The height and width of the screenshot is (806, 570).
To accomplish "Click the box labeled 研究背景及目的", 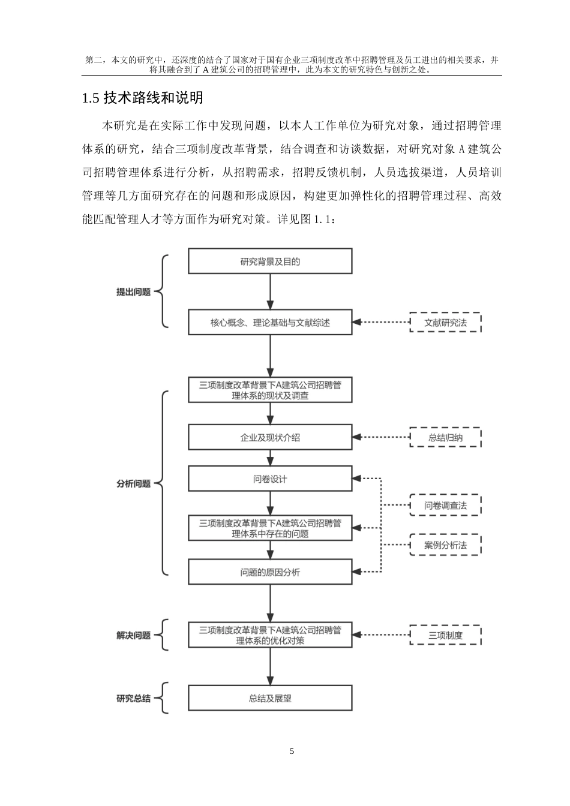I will [x=270, y=261].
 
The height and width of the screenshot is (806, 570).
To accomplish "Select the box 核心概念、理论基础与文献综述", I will [x=270, y=323].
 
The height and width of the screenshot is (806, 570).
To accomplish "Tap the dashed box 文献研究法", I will [x=445, y=323].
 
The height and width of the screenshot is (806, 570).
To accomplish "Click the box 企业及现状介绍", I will [x=270, y=438].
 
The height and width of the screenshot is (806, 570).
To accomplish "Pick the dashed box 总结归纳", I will [x=445, y=438].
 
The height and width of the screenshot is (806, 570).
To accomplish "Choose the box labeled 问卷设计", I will [x=270, y=479].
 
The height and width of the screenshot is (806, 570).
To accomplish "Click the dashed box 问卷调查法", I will [x=445, y=506].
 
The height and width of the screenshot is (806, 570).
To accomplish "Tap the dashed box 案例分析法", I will [x=445, y=545].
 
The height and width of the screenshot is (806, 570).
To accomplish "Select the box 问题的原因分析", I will [x=270, y=572].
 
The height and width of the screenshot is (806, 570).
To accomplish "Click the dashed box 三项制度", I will [x=445, y=635].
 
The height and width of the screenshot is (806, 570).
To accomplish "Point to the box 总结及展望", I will [x=270, y=699].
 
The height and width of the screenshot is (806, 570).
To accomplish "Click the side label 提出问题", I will [x=133, y=292].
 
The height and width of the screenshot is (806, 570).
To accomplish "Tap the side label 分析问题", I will [x=133, y=483].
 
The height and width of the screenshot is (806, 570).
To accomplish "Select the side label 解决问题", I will [x=133, y=636].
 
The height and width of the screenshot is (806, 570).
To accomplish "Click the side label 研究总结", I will [x=133, y=699].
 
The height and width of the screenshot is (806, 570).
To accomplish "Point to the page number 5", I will [x=292, y=751].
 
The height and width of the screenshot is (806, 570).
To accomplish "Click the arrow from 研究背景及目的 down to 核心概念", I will [x=270, y=292].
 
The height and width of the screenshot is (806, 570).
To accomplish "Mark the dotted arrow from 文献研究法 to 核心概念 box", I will [x=380, y=323].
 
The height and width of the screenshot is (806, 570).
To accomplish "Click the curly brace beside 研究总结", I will [x=163, y=699].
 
